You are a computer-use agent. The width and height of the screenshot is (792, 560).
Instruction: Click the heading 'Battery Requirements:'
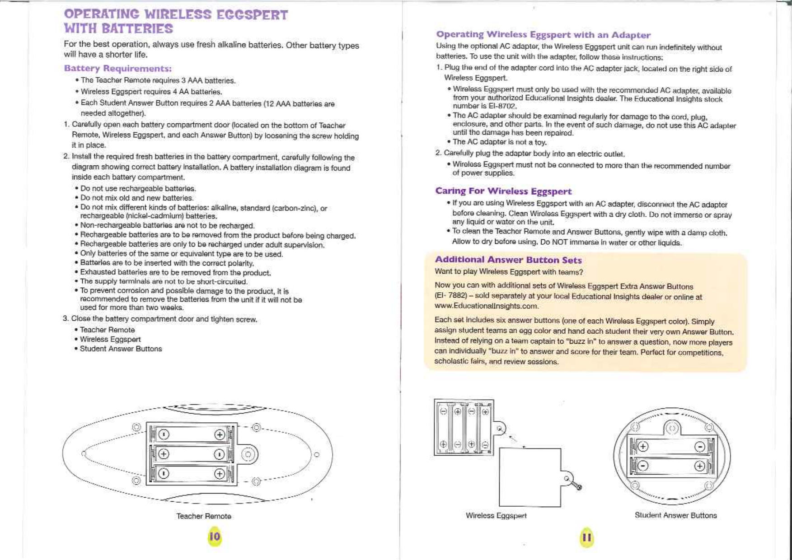coord(117,69)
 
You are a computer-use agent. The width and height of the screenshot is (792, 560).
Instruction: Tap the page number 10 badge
coord(215,536)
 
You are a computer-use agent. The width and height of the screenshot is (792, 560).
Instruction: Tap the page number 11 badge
coord(586,537)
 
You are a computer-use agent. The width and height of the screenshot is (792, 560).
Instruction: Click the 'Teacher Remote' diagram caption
coord(204,516)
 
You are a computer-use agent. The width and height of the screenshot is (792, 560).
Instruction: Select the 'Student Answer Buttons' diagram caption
coord(675,515)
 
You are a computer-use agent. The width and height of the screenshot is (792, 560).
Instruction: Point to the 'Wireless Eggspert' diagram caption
coord(496,516)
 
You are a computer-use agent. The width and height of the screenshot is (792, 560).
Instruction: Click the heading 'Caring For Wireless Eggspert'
coord(503,191)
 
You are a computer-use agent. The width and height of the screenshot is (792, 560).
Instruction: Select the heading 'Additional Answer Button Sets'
coord(508,260)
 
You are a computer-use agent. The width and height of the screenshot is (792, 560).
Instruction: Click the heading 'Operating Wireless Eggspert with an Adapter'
coord(543,35)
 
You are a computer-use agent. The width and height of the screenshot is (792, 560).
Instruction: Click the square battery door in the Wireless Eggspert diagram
coord(530,477)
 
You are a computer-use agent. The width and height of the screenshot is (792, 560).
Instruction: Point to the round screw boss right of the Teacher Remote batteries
coord(248,454)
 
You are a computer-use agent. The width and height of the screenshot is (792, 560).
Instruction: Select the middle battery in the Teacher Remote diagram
coord(191,454)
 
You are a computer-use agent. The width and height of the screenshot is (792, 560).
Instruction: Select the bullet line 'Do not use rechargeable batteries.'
coord(138,189)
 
